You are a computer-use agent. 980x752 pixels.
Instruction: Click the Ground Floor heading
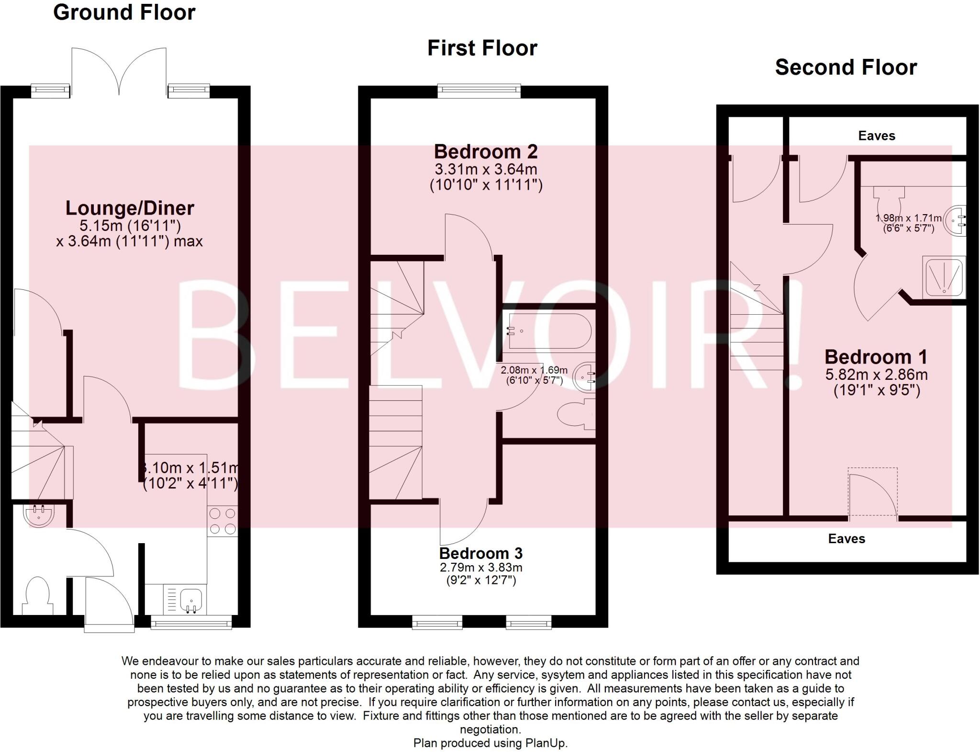point(124,12)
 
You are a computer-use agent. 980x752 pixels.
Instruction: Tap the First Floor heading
point(482,48)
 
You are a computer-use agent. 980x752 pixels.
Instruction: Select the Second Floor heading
point(846,67)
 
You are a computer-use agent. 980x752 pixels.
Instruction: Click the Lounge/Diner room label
point(130,208)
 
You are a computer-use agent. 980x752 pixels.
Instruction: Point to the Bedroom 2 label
point(486,151)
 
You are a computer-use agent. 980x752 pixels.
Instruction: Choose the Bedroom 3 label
point(480,553)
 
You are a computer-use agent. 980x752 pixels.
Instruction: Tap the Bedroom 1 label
point(876,357)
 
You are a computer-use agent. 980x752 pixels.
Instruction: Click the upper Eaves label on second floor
point(876,136)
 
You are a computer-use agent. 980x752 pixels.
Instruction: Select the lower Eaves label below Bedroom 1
point(846,539)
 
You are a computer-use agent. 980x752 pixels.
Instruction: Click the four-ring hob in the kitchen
point(223,521)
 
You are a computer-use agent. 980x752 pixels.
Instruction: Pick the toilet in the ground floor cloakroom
point(37,596)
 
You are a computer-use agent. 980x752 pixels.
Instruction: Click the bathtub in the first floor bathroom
point(549,331)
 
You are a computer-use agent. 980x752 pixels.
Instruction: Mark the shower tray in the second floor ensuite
point(944,277)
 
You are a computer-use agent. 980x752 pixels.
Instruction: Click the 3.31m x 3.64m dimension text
point(486,170)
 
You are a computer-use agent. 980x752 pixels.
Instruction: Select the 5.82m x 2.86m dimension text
point(876,375)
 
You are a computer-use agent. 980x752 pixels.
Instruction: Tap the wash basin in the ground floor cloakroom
point(39,515)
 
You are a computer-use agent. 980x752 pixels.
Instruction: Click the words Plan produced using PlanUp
point(490,743)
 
